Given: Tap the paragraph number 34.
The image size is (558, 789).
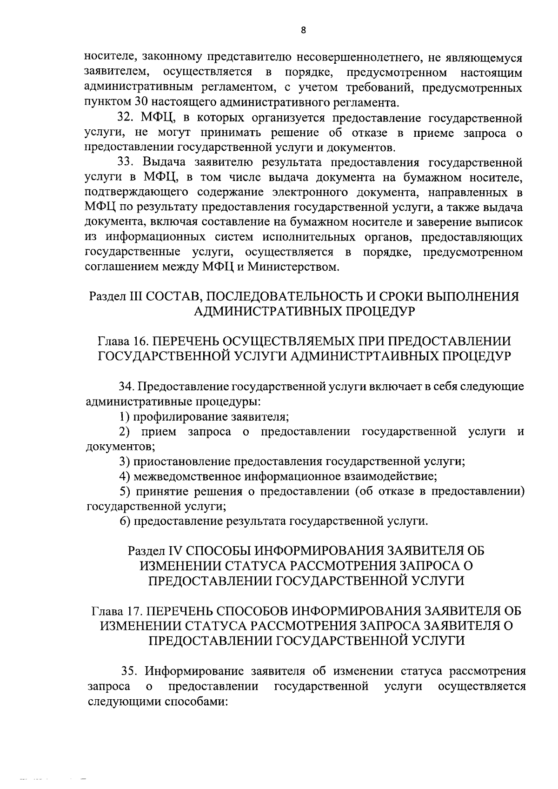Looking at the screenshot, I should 127,386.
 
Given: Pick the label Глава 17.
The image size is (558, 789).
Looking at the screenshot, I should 117,611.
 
